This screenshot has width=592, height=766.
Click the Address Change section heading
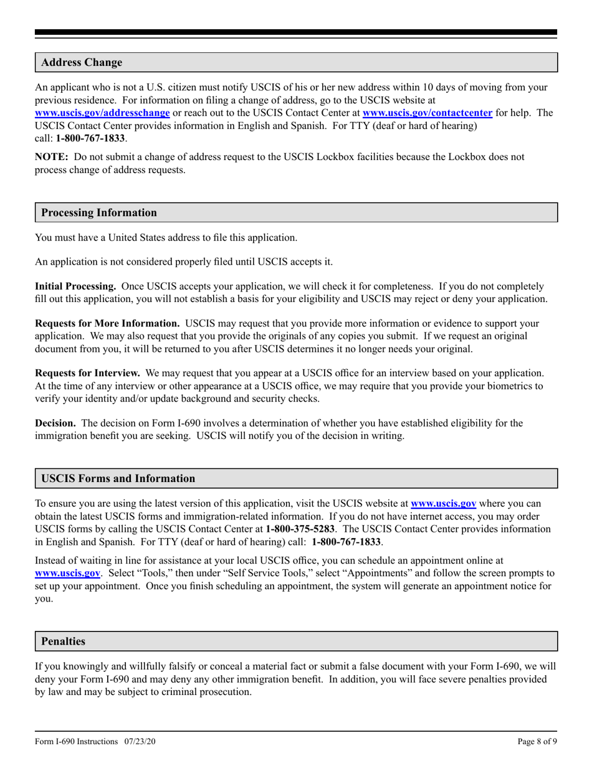click(x=82, y=62)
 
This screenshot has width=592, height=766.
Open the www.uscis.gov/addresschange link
click(x=102, y=113)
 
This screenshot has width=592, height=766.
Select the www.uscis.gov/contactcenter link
click(x=427, y=113)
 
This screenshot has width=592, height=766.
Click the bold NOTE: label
click(x=51, y=157)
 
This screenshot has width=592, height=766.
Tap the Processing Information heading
click(x=99, y=212)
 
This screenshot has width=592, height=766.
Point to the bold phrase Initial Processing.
click(x=75, y=286)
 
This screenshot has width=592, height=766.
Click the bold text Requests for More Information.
click(x=107, y=323)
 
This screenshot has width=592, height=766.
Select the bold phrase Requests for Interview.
click(x=87, y=373)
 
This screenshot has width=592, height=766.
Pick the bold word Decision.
click(x=55, y=423)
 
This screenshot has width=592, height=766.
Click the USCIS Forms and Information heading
click(x=118, y=478)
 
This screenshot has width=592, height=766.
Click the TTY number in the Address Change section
click(x=90, y=138)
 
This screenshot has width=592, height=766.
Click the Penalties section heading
click(x=63, y=641)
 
